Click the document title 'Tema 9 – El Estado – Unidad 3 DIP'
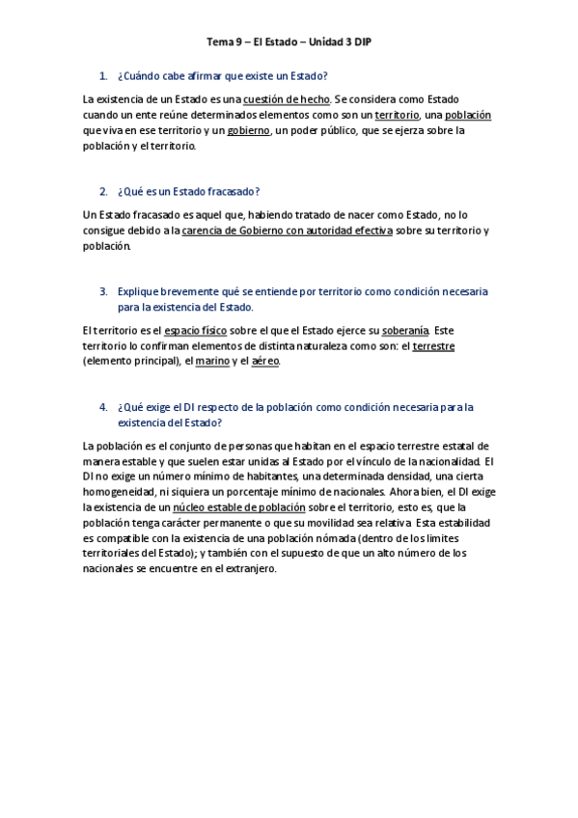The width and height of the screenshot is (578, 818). click(289, 42)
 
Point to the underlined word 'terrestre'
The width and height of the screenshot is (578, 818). click(433, 346)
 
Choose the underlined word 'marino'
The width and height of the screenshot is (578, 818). click(211, 362)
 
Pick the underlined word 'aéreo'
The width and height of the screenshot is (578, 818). click(264, 362)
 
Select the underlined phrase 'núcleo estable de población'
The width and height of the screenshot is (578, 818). click(239, 506)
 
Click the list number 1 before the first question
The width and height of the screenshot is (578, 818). click(102, 75)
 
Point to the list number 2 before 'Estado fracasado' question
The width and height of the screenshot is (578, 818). click(102, 191)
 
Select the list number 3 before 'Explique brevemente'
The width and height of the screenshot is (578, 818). click(102, 291)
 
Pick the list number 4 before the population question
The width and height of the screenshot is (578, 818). click(102, 407)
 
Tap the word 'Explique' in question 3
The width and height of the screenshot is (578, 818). click(136, 291)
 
